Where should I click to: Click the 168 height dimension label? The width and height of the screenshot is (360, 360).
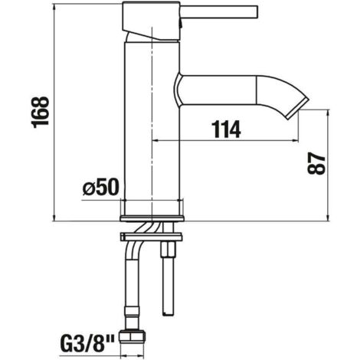40,112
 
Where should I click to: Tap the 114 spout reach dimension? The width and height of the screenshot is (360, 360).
227,129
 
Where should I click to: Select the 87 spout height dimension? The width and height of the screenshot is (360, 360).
316,163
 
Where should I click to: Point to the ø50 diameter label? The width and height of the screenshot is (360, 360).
101,187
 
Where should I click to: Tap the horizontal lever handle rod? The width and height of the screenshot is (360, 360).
220,11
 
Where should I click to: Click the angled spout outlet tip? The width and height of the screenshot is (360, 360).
297,109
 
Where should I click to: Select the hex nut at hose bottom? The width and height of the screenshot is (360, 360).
133,337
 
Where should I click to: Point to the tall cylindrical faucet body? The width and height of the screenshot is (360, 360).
152,128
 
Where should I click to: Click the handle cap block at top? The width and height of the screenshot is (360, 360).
151,21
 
